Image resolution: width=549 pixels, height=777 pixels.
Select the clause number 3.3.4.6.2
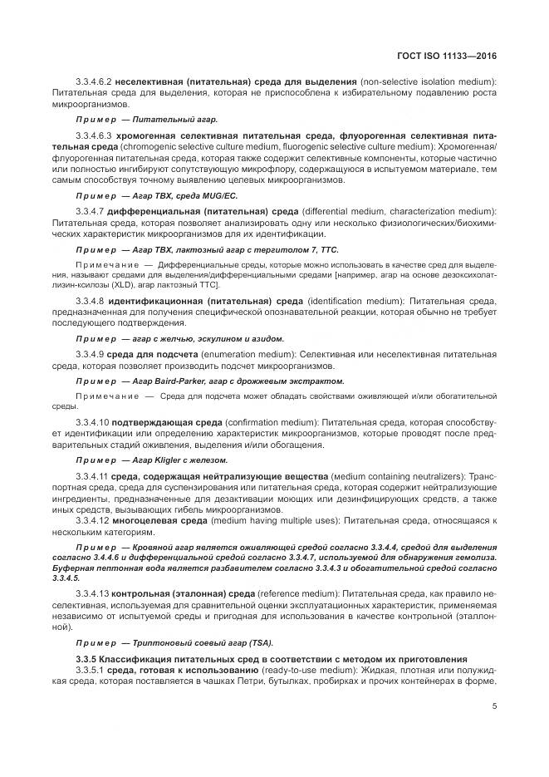(93, 81)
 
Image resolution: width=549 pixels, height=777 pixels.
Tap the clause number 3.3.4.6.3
(93, 134)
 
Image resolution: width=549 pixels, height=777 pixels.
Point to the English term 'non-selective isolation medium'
(429, 81)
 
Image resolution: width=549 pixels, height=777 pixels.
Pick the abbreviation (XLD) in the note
(94, 284)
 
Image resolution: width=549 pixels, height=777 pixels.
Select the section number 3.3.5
(86, 658)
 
